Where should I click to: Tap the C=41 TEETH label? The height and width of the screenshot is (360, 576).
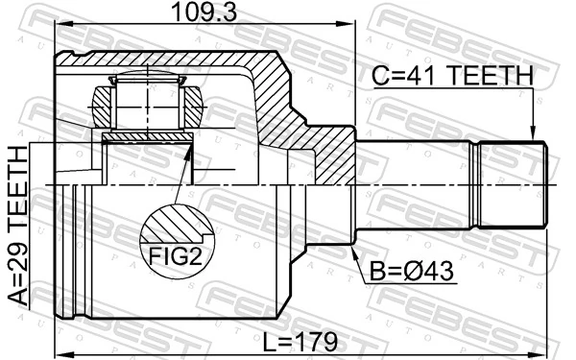coord(451,75)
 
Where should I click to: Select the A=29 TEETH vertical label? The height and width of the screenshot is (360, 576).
coord(18,227)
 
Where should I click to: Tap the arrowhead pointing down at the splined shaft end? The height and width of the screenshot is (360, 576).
coord(532,135)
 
